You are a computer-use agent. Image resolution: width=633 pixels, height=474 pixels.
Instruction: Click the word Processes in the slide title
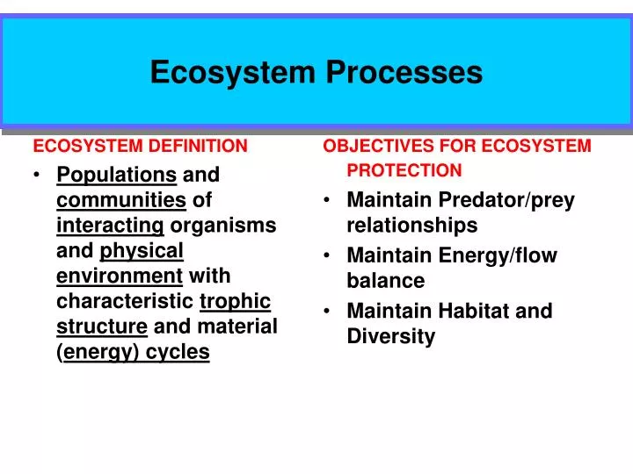tap(404, 72)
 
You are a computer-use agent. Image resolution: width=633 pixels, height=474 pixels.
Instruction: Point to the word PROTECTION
tap(404, 170)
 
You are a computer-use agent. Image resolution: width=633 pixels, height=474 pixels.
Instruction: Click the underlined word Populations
tap(117, 175)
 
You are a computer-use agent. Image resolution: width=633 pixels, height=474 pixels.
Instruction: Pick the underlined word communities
tap(121, 200)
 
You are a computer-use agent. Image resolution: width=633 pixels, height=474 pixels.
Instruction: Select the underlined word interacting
tap(110, 226)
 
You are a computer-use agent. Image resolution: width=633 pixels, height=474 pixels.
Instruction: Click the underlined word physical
tap(142, 251)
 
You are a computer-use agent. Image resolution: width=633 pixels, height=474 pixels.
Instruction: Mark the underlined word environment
tap(120, 276)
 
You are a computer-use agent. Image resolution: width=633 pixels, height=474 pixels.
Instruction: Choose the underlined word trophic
tap(235, 302)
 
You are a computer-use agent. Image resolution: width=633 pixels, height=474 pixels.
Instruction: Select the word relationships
tap(411, 226)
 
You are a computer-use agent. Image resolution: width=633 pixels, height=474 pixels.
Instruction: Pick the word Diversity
tap(390, 336)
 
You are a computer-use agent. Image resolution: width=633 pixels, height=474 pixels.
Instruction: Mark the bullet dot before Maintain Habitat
tap(326, 312)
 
